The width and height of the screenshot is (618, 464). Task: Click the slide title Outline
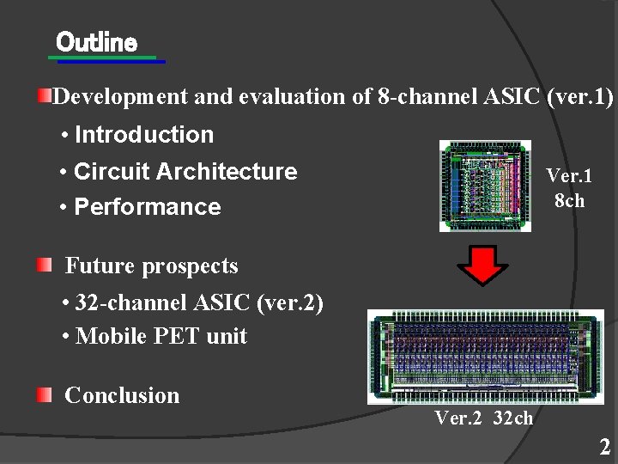tap(96, 41)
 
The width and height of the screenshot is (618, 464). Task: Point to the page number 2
tap(605, 447)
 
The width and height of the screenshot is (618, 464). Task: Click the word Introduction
tap(144, 135)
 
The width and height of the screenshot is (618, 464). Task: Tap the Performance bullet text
tap(148, 207)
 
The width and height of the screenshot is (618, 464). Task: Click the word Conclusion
tap(122, 395)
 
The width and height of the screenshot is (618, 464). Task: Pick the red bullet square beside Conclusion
tap(44, 394)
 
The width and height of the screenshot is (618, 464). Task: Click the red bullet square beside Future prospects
tap(44, 265)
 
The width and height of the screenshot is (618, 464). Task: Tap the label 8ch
tap(569, 201)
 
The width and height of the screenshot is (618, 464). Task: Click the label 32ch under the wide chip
tap(513, 418)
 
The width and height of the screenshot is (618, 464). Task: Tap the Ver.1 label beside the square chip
tap(569, 176)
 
